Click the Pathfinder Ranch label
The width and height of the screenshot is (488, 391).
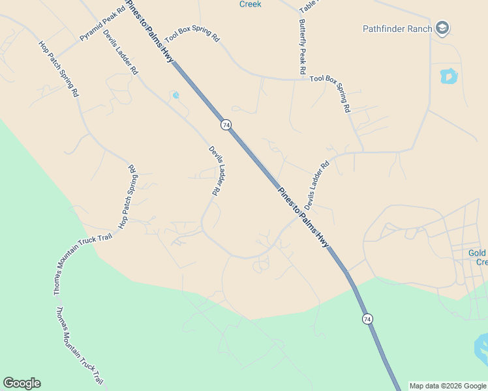coord(397,29)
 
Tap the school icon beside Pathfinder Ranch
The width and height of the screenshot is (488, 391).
coord(443,28)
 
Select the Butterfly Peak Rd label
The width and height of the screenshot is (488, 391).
coord(303,46)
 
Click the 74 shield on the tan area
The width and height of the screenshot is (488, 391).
coord(226,124)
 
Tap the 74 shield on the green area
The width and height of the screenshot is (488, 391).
coord(368,319)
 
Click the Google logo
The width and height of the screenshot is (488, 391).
coord(22,383)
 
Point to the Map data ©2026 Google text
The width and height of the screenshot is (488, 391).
coord(448,386)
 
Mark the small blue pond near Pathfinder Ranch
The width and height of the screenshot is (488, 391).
coord(449,76)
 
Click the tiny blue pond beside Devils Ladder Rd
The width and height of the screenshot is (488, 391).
coord(175,96)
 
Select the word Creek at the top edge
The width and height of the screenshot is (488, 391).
coord(250,4)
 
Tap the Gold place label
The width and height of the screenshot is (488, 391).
coord(478,253)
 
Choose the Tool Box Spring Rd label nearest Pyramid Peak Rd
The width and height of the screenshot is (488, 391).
coord(192,35)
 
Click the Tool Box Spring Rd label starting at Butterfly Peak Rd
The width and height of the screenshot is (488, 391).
coord(330,93)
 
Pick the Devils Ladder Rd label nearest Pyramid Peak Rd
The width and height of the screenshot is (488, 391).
coord(121,51)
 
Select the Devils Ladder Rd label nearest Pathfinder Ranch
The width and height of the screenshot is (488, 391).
coord(317,185)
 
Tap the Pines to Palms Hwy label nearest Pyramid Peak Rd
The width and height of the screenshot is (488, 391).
coord(149,31)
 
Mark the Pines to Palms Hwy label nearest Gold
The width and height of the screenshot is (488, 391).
coord(303,218)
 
